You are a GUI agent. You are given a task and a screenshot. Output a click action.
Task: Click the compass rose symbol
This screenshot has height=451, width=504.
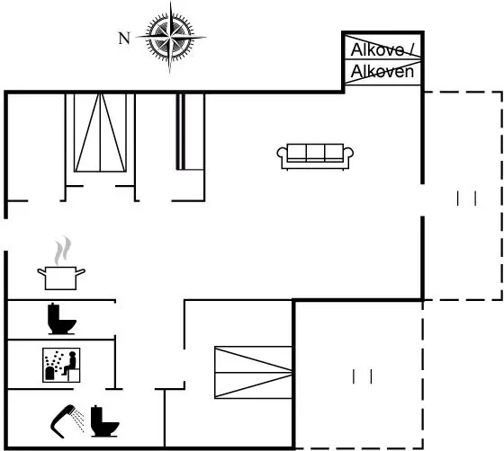170,37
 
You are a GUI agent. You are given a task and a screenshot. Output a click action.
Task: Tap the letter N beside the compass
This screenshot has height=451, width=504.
124,39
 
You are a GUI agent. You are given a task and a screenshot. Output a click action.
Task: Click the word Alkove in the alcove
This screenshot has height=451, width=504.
377,49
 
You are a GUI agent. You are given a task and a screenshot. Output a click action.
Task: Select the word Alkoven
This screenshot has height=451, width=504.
382,71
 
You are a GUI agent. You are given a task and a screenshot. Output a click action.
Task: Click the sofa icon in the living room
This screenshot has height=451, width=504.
315,156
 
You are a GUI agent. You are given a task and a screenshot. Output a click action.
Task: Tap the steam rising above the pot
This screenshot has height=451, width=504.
62,250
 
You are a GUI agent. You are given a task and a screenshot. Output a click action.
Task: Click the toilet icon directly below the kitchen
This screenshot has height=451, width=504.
61,319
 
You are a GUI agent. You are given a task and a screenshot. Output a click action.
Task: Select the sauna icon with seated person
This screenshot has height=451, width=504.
61,365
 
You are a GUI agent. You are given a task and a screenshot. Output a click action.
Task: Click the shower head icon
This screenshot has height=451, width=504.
67,421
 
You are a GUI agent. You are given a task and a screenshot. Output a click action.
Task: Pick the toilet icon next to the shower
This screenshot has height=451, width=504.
104,421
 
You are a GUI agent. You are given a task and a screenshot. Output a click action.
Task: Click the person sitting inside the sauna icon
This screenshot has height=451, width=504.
71,364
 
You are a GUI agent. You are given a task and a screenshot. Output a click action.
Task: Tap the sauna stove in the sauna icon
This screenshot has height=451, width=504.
49,373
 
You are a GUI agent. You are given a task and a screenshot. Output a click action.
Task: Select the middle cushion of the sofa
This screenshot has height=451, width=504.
315,153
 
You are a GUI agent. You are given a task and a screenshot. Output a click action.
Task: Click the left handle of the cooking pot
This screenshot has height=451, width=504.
41,272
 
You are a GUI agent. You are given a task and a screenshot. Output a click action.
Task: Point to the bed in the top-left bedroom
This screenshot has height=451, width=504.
100,133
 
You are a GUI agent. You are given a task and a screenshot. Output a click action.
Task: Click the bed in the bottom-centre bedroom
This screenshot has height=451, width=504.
253,373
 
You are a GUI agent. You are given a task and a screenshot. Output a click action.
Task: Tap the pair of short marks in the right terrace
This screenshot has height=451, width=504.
466,199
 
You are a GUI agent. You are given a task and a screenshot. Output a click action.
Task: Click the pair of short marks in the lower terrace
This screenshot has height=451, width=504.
362,376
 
